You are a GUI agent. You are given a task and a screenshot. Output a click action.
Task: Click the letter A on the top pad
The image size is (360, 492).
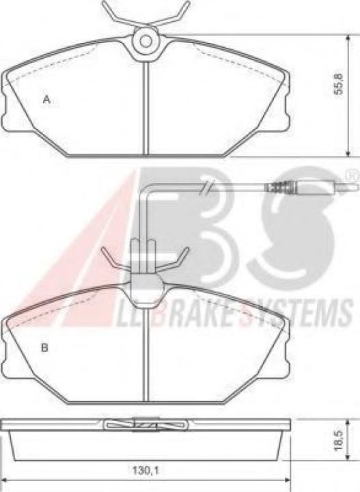pos(46,100)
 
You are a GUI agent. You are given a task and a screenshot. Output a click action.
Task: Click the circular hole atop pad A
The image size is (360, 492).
pos(146,41)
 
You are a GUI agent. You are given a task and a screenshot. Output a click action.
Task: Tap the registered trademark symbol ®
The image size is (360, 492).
pos(349,176)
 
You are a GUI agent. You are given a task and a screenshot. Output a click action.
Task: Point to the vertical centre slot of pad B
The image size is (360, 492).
pos(146,355)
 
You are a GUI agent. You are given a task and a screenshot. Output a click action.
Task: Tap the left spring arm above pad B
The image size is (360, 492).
pos(113,257)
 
